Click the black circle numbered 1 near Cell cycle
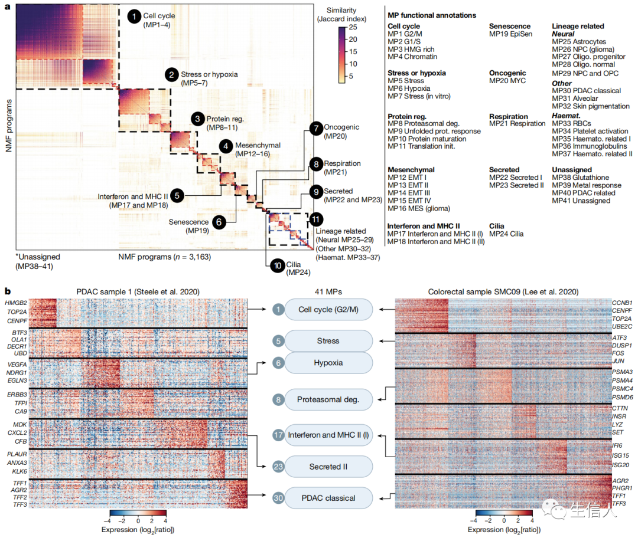coord(135,18)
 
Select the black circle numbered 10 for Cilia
coord(276,266)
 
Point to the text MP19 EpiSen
coord(510,34)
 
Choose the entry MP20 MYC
coord(507,81)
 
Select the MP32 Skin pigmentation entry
coord(591,106)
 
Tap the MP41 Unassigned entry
coord(581,201)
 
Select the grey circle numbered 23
coord(278,467)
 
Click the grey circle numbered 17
coord(278,435)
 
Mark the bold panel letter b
coord(7,291)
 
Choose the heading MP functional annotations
coord(431,15)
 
